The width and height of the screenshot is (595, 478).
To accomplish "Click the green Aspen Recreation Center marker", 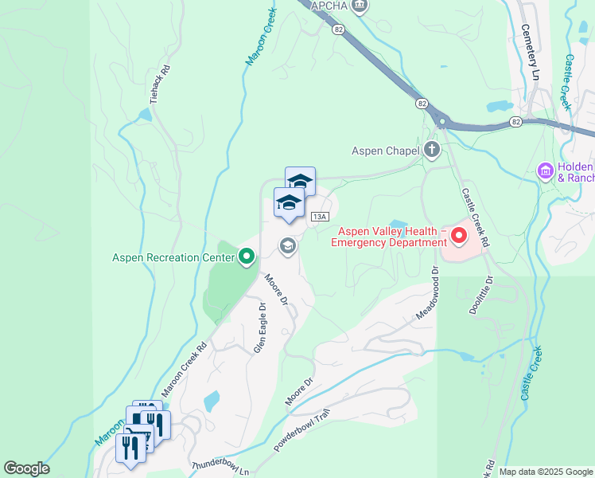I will [x=247, y=257].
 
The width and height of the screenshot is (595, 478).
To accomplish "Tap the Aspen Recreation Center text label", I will [x=173, y=257].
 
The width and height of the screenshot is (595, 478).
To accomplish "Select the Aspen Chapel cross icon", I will [x=431, y=150].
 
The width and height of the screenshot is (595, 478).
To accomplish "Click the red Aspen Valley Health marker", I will [x=459, y=236].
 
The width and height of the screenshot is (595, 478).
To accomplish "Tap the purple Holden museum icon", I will [x=546, y=171].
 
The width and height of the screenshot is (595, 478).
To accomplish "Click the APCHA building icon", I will [x=360, y=6].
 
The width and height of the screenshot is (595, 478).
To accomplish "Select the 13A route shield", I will [x=320, y=217].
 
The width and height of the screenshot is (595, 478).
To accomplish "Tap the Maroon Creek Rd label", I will [x=184, y=370].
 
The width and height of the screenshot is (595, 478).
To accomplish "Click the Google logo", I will [x=26, y=468].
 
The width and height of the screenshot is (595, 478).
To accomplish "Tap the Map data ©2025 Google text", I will [x=546, y=472].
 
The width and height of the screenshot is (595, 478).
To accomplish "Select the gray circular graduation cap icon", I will [x=288, y=247].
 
